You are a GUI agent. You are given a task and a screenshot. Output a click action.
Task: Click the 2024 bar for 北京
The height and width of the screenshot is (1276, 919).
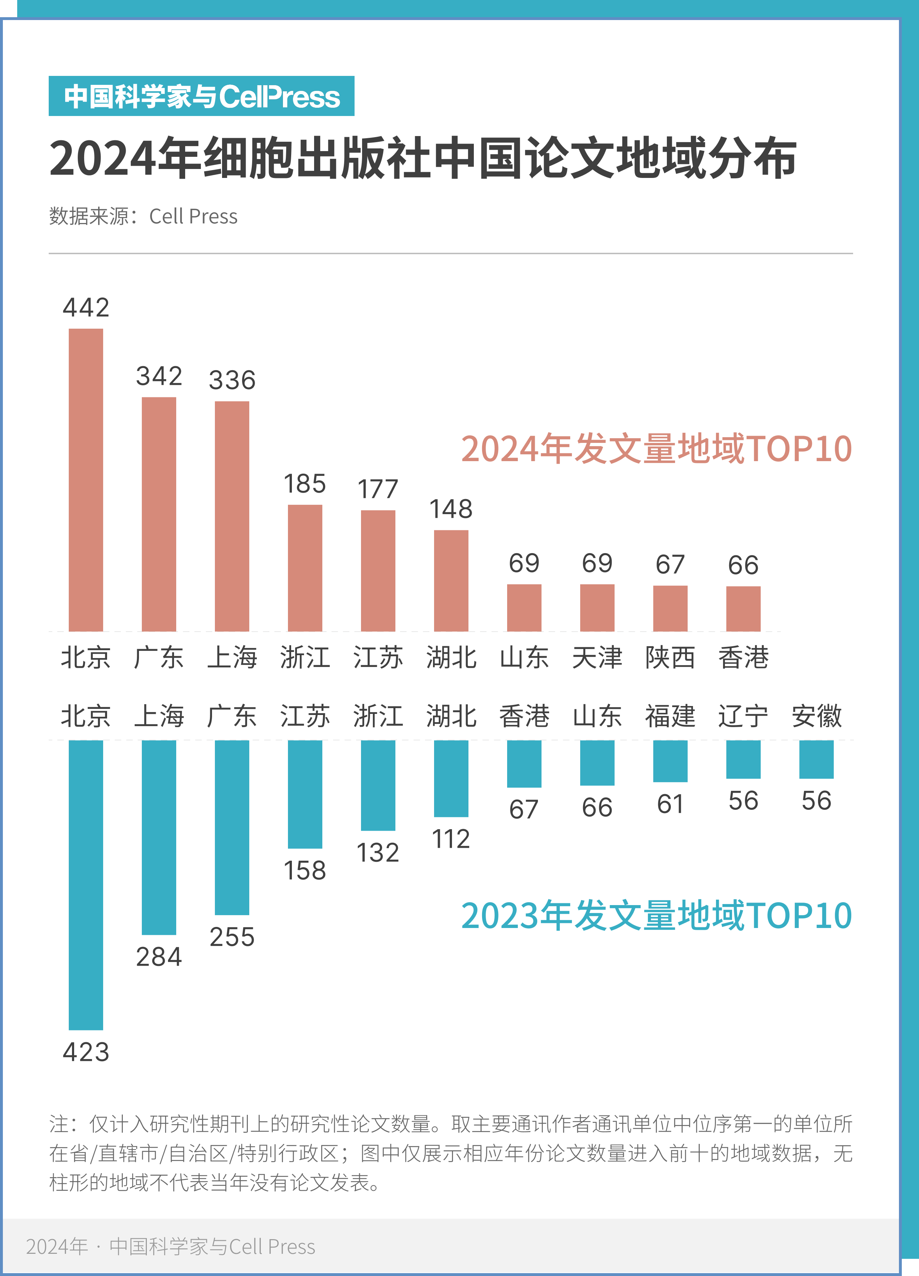click(86, 479)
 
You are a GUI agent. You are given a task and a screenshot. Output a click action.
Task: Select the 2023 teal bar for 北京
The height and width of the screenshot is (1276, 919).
click(86, 884)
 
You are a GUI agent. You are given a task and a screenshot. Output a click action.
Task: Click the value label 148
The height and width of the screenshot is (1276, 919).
click(451, 509)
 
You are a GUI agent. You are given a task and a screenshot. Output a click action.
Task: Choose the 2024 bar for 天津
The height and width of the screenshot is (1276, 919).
click(597, 608)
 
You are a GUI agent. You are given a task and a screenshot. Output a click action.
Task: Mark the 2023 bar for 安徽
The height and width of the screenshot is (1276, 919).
click(816, 759)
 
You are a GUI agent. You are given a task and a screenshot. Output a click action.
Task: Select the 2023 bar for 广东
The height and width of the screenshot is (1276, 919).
click(232, 827)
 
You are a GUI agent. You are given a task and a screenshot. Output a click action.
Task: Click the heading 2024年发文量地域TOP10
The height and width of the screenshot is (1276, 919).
click(656, 449)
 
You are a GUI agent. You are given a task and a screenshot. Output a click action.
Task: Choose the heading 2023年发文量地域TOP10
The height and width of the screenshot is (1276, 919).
click(656, 916)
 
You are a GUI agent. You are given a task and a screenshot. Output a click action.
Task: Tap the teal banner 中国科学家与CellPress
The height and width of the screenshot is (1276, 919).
click(202, 96)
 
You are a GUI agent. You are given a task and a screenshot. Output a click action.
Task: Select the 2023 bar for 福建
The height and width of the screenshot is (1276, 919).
click(670, 761)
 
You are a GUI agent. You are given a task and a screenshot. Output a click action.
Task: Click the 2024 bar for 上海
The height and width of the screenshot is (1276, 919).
click(232, 516)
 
